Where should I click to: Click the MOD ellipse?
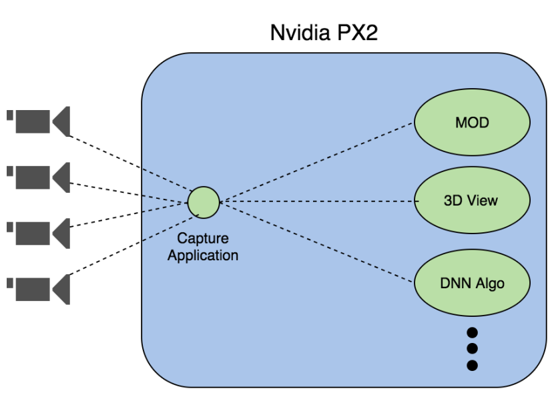(472, 122)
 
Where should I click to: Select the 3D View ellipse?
(472, 200)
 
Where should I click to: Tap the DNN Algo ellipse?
(472, 283)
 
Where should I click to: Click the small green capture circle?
(204, 203)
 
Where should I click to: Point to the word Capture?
(203, 238)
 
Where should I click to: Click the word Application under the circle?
(203, 256)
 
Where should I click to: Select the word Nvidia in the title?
(300, 33)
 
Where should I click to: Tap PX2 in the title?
(357, 33)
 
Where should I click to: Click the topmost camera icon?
(39, 121)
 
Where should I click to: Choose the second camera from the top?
(39, 177)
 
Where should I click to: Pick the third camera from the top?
(39, 233)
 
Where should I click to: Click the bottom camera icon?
(39, 289)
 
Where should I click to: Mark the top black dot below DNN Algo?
(472, 332)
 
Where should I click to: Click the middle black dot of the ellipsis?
(472, 348)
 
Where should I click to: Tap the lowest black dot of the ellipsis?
(472, 365)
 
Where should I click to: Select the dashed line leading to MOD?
(317, 162)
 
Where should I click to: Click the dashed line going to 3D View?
(319, 201)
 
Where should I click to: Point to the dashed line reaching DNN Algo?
(317, 242)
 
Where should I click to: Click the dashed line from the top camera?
(131, 163)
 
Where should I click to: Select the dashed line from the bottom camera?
(133, 245)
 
